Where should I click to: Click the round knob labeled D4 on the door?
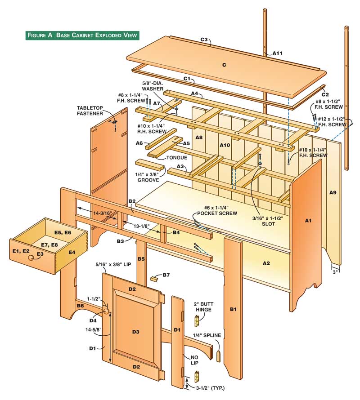(107, 311)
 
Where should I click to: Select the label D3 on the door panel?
(135, 332)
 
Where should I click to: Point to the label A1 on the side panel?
(308, 221)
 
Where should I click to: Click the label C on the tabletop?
(223, 65)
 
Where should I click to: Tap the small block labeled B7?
(156, 279)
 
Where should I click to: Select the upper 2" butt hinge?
(196, 320)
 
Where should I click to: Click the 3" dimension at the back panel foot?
(335, 271)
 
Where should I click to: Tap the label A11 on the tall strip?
(277, 53)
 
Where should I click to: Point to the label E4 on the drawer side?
(72, 253)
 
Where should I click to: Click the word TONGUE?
(176, 158)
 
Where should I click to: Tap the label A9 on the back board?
(333, 192)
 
